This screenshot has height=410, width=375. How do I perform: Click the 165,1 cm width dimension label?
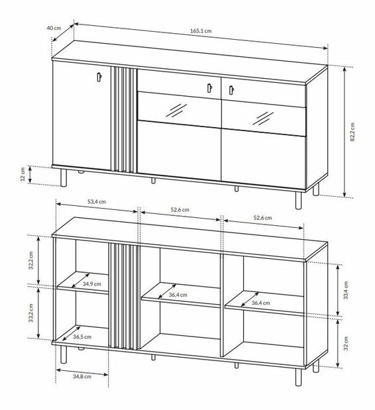201,30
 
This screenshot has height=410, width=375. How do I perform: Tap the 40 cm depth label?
54,28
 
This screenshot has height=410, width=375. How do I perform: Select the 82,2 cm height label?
352,132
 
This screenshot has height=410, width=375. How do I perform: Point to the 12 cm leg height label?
23,174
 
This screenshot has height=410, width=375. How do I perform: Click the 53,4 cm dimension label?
97,201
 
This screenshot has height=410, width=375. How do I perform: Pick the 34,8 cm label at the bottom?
82,376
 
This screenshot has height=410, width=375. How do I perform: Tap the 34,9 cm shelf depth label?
92,283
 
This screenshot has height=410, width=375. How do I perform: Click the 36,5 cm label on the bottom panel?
82,336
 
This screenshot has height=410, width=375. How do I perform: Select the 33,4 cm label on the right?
346,290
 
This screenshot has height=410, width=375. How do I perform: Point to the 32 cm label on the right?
346,343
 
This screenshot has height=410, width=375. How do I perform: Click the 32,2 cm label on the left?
31,260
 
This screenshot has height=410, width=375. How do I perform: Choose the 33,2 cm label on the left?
31,313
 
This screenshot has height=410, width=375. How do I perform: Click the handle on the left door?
99,77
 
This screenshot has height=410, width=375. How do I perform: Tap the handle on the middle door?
209,88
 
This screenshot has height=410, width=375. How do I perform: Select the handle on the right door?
231,90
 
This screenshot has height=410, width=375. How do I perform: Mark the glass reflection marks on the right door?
263,119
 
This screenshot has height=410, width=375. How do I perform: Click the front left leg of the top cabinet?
64,178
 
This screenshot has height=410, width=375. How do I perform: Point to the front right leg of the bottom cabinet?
298,377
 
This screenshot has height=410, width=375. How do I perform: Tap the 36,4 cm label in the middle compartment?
178,295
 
